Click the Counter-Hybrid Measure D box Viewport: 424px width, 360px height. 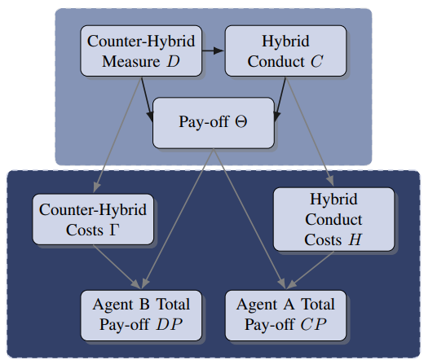141,50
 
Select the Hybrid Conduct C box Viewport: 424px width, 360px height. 285,50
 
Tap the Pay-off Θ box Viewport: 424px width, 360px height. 214,123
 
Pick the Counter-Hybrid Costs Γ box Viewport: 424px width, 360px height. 93,219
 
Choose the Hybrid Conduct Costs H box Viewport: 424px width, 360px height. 333,219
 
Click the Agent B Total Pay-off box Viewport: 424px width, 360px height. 141,315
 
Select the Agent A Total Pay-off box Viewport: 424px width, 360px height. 285,315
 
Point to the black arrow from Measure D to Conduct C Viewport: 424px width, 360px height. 213,50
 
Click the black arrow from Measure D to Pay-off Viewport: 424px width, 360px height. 147,99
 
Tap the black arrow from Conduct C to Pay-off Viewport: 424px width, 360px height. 280,99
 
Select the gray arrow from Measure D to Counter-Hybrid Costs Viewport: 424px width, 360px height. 117,135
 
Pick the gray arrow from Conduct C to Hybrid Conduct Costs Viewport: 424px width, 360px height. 310,132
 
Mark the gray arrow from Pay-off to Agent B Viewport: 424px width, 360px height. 178,219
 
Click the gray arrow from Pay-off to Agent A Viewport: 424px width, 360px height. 250,219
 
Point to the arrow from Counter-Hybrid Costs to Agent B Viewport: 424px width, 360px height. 117,266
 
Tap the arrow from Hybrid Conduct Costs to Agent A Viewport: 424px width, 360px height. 310,270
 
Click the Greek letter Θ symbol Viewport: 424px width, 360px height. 241,121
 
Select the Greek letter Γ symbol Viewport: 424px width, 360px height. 114,230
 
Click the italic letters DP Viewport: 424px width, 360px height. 169,324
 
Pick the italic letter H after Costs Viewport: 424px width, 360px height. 355,239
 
